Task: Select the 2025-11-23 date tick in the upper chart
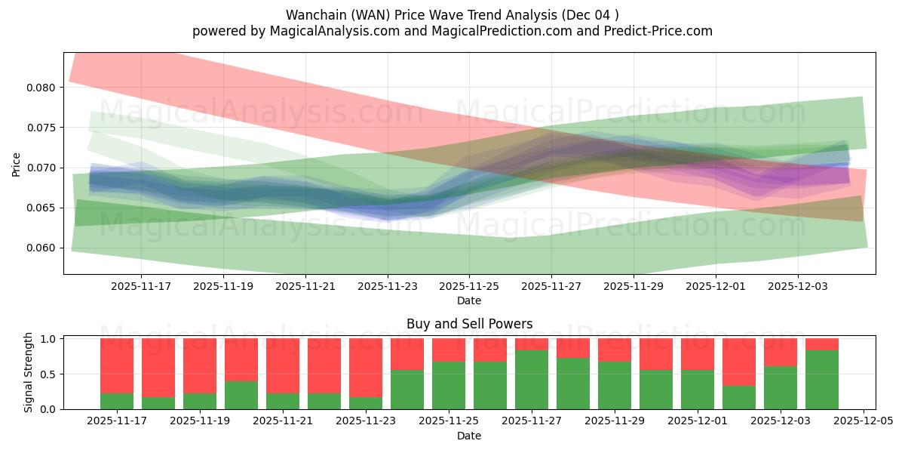point(388,287)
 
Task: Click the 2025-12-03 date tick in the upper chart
point(798,287)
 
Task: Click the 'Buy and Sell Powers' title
point(469,324)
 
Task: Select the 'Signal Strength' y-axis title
point(28,372)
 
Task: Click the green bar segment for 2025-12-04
point(822,380)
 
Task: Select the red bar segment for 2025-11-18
point(158,368)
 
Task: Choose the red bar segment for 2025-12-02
point(739,362)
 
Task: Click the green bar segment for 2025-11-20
point(241,395)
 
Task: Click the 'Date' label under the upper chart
point(469,300)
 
